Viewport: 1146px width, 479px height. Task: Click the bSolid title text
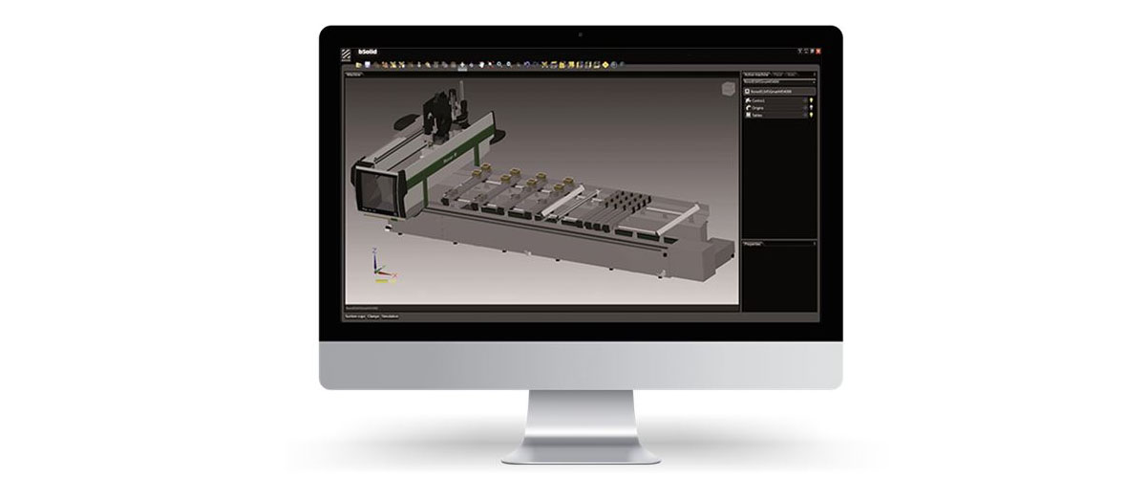pyautogui.click(x=366, y=51)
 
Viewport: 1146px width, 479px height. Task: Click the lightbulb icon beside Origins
pyautogui.click(x=812, y=108)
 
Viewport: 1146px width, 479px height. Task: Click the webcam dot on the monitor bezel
pyautogui.click(x=581, y=34)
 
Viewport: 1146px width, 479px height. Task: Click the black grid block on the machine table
pyautogui.click(x=626, y=201)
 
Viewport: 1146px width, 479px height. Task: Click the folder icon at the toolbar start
pyautogui.click(x=358, y=64)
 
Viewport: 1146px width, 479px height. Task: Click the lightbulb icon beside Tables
pyautogui.click(x=812, y=116)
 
